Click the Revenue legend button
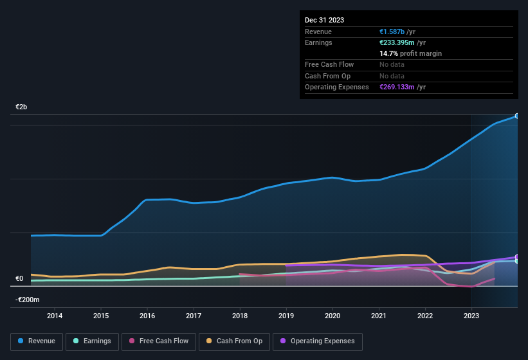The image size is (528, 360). point(37,341)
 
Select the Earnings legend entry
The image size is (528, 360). point(92,341)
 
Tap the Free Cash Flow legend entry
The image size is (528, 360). point(159,341)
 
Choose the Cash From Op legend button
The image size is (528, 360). point(235,341)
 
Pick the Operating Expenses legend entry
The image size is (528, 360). point(317,341)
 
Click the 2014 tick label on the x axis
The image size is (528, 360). point(55,316)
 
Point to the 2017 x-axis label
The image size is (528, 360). point(194,316)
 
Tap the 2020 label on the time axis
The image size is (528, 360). point(332,316)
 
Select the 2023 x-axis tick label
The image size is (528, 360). point(471,316)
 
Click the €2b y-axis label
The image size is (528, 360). point(22,107)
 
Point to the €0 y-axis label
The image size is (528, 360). point(19,279)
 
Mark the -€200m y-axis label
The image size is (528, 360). point(28,300)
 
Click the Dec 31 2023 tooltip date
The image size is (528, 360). point(324,20)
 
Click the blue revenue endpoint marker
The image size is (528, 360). point(516,116)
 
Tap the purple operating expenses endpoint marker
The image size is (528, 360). point(516,257)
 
